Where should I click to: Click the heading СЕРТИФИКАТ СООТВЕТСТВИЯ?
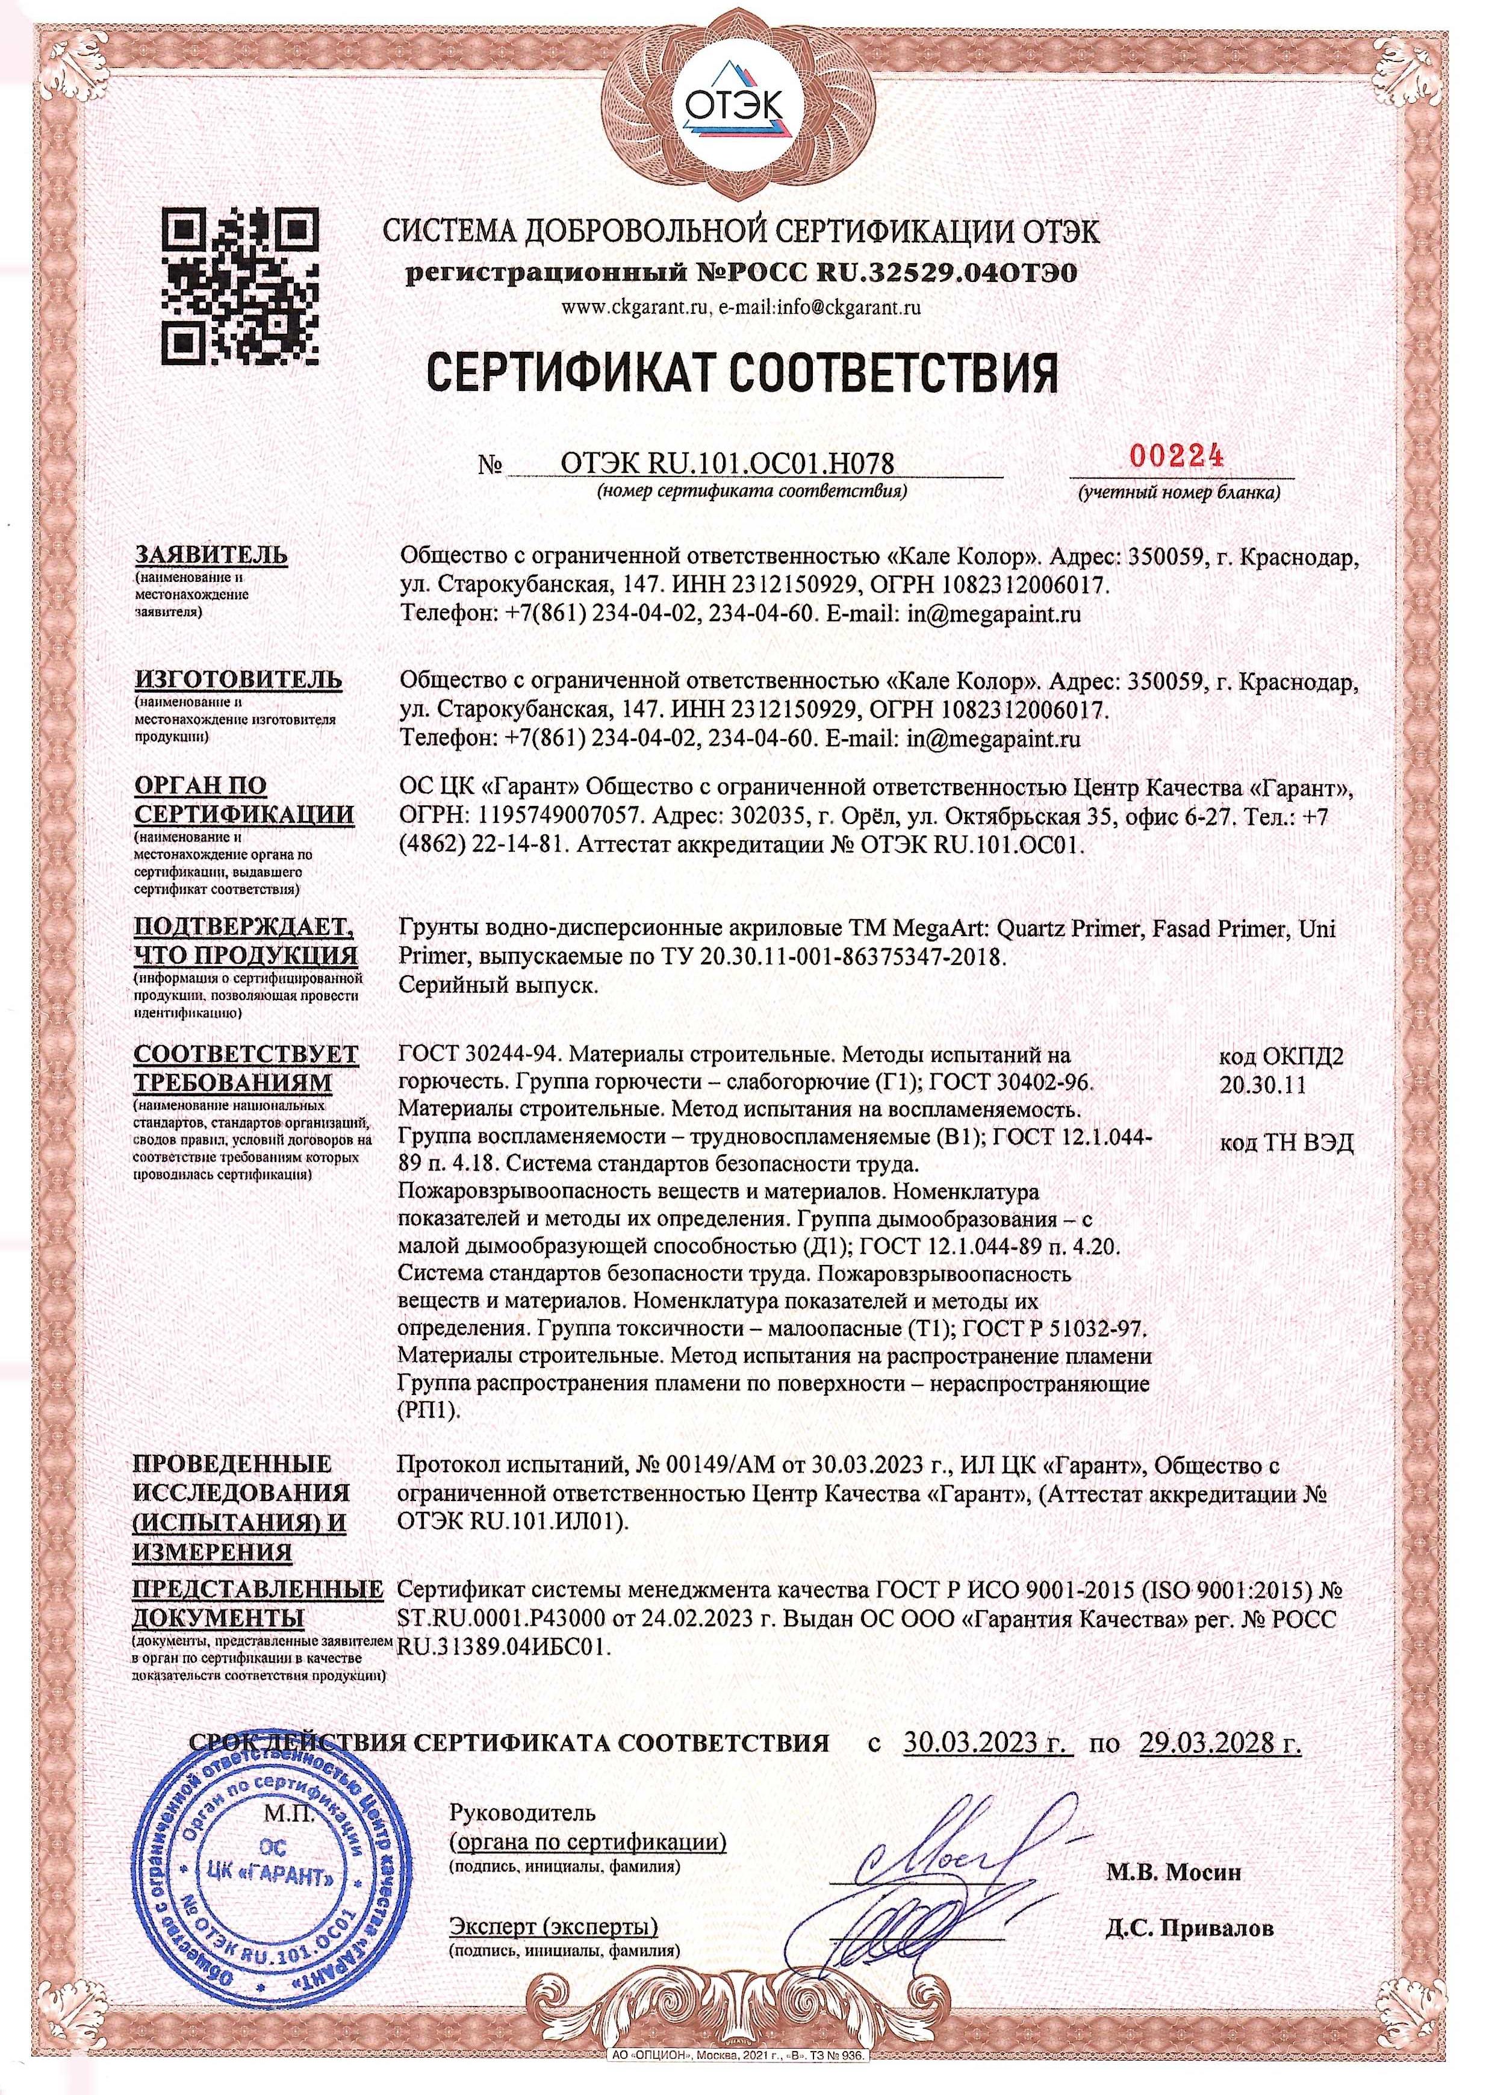(743, 374)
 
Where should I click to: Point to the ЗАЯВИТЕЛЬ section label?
(211, 555)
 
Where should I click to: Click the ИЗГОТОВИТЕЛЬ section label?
(239, 679)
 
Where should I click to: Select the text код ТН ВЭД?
(1285, 1143)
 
